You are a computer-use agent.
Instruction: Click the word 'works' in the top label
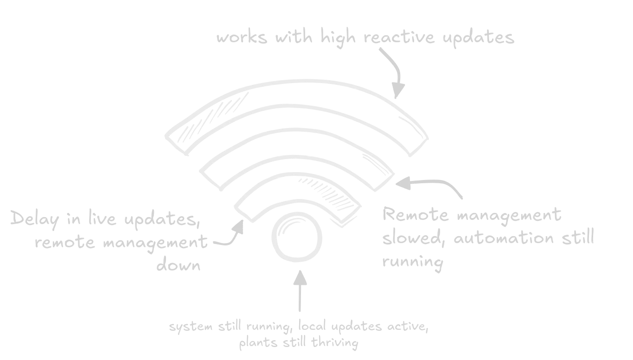point(242,38)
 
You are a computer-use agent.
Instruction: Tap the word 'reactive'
point(399,37)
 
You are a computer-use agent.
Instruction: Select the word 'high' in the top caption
point(338,38)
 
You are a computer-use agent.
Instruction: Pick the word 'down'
point(179,265)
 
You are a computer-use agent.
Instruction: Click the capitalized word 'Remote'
point(416,214)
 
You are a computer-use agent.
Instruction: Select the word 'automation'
point(504,237)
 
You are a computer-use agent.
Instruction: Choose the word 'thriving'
point(335,343)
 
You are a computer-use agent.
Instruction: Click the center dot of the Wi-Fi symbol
point(297,237)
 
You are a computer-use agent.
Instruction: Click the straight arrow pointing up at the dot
point(300,291)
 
